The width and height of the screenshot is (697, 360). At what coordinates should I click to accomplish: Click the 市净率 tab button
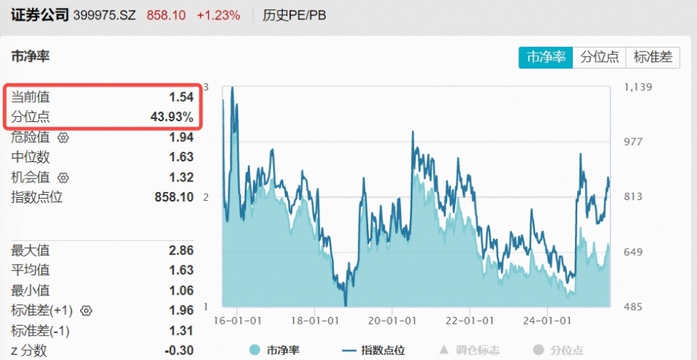click(546, 57)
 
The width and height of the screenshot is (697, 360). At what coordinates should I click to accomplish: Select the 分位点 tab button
click(599, 57)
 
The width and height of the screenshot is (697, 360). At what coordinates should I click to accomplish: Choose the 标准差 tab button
click(652, 57)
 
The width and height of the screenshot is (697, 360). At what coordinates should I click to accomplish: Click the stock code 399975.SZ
click(104, 15)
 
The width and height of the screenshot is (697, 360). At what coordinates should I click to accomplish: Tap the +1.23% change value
click(218, 15)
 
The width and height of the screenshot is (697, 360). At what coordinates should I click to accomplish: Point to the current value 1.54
click(181, 97)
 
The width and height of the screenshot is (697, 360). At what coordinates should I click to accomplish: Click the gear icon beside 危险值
click(63, 138)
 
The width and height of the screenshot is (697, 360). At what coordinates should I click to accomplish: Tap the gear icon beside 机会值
click(63, 178)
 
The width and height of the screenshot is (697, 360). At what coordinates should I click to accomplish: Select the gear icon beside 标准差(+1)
click(86, 311)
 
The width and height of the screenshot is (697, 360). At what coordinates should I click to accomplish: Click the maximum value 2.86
click(181, 250)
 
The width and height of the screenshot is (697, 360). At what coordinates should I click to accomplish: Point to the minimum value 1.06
click(181, 290)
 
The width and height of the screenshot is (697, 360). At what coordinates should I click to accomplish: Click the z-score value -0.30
click(179, 350)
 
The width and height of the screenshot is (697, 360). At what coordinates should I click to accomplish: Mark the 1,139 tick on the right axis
click(637, 87)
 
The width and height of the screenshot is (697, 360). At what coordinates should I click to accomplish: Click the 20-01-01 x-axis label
click(391, 321)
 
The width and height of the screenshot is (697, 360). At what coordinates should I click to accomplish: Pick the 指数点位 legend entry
click(373, 350)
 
